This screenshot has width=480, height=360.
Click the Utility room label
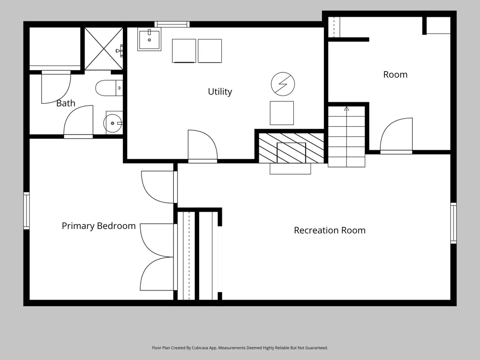pyautogui.click(x=220, y=92)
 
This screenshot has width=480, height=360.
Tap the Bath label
pyautogui.click(x=66, y=103)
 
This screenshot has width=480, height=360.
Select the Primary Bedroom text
pyautogui.click(x=98, y=226)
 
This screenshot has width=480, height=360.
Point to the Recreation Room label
pyautogui.click(x=330, y=230)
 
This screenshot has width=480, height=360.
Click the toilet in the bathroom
pyautogui.click(x=109, y=88)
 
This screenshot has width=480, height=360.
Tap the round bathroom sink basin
pyautogui.click(x=112, y=123)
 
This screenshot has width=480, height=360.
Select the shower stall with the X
pyautogui.click(x=104, y=48)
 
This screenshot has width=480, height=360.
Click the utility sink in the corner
pyautogui.click(x=149, y=39)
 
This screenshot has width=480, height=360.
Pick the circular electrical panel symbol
pyautogui.click(x=283, y=84)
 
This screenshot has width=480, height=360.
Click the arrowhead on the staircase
pyautogui.click(x=347, y=108)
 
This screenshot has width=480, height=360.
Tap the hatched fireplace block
pyautogui.click(x=291, y=148)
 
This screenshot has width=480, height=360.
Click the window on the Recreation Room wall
pyautogui.click(x=454, y=223)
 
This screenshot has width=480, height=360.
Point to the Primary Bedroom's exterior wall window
pyautogui.click(x=26, y=211)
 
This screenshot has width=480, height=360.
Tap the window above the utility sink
pyautogui.click(x=172, y=24)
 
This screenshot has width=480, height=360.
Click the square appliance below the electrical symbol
pyautogui.click(x=282, y=113)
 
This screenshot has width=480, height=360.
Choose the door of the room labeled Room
pyautogui.click(x=396, y=135)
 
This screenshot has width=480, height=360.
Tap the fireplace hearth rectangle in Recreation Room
pyautogui.click(x=290, y=168)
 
